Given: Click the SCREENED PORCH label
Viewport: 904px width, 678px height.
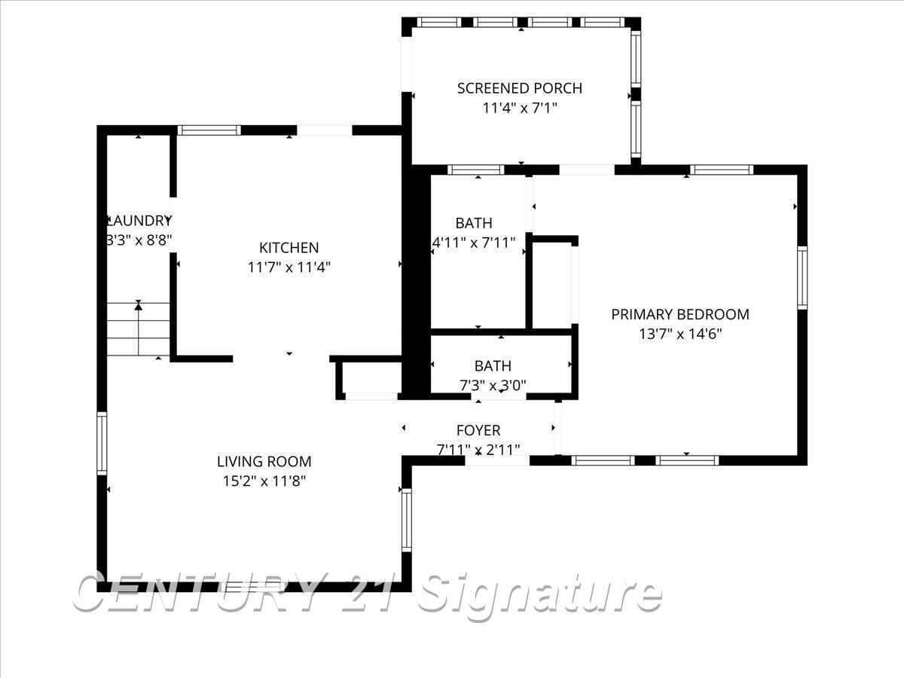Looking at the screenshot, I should click(520, 88).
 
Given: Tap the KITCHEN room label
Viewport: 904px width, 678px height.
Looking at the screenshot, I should click(289, 248).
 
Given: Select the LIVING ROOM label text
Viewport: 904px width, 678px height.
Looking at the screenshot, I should click(264, 462).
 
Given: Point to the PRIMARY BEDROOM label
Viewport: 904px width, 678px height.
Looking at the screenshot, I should click(680, 315).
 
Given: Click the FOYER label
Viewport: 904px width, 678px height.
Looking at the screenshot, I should click(478, 430).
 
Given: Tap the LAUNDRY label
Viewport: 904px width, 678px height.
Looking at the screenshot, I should click(140, 221).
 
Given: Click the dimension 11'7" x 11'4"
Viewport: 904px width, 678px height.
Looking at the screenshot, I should click(289, 267).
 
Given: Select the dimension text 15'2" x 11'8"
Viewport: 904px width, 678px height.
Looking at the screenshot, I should click(264, 481).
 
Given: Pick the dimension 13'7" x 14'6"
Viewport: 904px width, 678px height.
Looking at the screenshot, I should click(680, 334).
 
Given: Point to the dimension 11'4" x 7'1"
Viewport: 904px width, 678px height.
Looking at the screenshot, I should click(520, 108).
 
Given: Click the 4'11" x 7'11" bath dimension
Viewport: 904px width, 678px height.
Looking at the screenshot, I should click(474, 243).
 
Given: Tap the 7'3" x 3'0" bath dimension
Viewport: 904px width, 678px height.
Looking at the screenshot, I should click(493, 385).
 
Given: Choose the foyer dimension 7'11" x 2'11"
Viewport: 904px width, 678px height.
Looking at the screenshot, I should click(478, 450).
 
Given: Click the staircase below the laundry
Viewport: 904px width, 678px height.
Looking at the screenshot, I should click(139, 329).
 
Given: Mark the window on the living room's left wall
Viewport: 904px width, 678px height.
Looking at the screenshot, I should click(102, 443).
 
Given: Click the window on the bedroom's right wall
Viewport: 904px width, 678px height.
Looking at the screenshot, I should click(802, 277).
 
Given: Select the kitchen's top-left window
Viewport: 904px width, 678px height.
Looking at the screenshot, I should click(209, 130).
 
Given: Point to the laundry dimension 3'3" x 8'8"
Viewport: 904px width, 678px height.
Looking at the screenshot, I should click(140, 241).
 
